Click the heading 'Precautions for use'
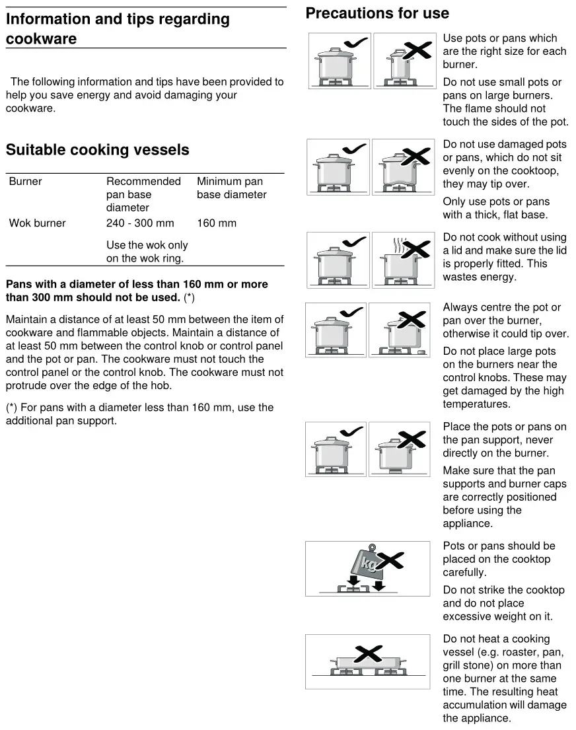[x=377, y=13]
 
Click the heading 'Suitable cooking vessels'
[x=97, y=150]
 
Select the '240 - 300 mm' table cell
[x=140, y=223]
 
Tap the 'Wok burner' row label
[x=38, y=223]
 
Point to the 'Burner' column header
[x=26, y=182]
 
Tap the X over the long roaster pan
[x=368, y=655]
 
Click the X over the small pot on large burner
[x=417, y=50]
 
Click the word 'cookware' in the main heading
[x=41, y=38]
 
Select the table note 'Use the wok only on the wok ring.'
[x=147, y=252]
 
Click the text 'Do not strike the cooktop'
[x=503, y=590]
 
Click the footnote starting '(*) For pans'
[x=139, y=414]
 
